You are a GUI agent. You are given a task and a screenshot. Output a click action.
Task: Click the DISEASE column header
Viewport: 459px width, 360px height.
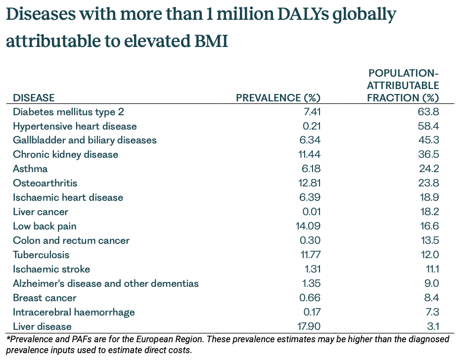coord(34,98)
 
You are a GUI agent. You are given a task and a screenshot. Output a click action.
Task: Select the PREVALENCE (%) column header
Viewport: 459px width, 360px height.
coord(278,98)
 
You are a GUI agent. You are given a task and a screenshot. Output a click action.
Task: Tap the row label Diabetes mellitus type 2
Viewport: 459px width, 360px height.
coord(68,112)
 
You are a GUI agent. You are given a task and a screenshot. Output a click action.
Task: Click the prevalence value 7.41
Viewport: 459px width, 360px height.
coord(312,112)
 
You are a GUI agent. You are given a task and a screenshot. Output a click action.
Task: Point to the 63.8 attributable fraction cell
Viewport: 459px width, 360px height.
coord(428,112)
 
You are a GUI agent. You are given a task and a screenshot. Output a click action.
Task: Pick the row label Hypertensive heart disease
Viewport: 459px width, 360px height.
coord(75,126)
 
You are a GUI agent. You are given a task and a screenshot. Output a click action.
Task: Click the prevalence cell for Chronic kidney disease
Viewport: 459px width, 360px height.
coord(310,154)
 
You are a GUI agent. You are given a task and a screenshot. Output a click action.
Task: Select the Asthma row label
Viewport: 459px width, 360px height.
coord(30,169)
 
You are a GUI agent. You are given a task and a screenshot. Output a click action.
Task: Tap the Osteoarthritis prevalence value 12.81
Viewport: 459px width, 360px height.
coord(310,183)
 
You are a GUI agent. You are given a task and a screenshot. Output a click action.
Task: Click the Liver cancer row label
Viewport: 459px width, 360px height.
coord(41,212)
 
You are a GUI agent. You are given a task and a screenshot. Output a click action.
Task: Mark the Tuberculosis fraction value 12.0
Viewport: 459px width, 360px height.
coord(430,255)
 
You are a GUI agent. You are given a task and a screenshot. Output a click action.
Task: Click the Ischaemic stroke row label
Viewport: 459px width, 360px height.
coord(51,269)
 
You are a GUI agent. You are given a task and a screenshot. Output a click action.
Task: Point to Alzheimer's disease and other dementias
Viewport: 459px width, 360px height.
coord(106,283)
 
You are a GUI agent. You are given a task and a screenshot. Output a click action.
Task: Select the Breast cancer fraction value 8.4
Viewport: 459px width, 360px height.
coord(431,298)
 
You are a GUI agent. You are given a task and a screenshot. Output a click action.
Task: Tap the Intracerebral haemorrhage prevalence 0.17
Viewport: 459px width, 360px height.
coord(312,312)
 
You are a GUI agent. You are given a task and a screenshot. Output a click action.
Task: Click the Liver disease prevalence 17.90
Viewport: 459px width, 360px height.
coord(309,326)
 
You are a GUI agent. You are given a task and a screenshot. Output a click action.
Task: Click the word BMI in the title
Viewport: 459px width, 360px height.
coord(211,41)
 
